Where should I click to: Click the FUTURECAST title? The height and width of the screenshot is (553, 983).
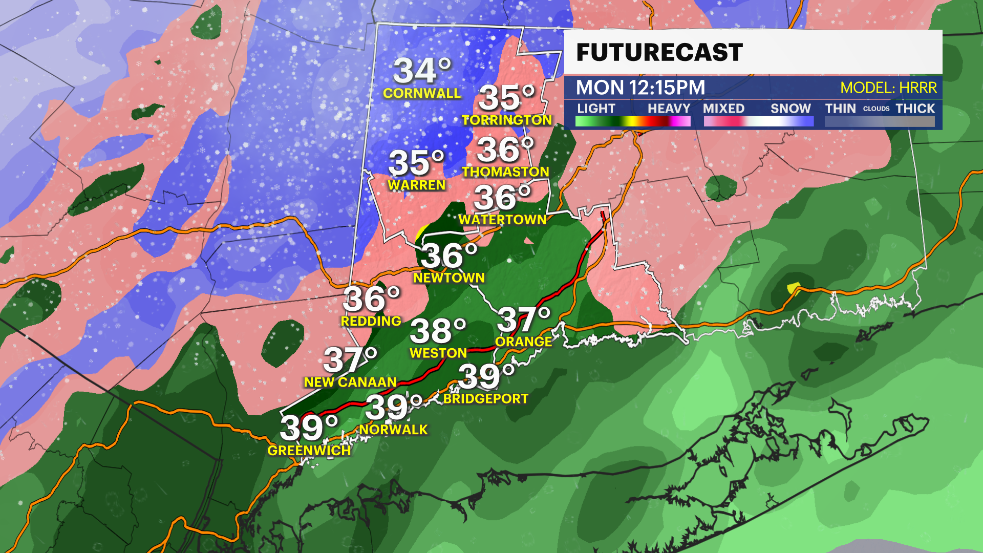click(x=659, y=52)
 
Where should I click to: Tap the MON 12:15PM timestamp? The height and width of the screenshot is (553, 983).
click(x=640, y=88)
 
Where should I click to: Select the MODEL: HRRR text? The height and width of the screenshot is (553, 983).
click(x=888, y=88)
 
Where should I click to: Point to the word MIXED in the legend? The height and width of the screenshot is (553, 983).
click(x=723, y=109)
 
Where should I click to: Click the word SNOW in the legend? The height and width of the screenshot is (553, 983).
click(x=790, y=109)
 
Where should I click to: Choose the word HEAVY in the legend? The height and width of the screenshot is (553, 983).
click(x=669, y=109)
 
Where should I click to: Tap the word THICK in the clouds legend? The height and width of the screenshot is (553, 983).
click(x=915, y=109)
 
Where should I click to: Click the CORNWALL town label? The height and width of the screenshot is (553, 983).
click(x=422, y=93)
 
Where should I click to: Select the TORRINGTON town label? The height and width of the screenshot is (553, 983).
click(x=507, y=120)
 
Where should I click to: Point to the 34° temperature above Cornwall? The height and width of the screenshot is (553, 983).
click(x=422, y=71)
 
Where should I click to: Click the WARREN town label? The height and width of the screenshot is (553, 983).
click(x=417, y=185)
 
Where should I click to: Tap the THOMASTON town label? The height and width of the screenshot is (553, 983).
click(x=505, y=172)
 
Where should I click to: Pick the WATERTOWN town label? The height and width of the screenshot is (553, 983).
click(x=502, y=220)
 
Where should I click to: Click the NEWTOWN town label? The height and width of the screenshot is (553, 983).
click(x=449, y=278)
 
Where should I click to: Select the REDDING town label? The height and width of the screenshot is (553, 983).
click(x=371, y=321)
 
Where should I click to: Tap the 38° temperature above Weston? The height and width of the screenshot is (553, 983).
click(x=438, y=331)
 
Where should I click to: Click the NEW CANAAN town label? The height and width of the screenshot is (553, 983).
click(x=350, y=382)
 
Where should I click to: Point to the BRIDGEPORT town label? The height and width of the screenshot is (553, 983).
click(x=486, y=398)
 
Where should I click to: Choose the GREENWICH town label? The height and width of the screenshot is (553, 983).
click(x=309, y=451)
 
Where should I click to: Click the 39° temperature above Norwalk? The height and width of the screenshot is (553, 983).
click(x=393, y=408)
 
